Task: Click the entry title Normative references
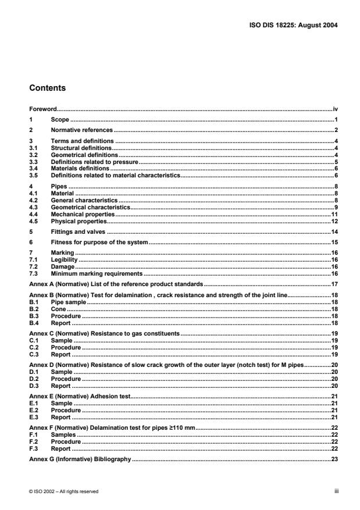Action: coord(81,130)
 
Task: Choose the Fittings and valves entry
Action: coord(76,231)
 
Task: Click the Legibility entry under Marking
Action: coord(63,260)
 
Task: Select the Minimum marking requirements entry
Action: coord(96,273)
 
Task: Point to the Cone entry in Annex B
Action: coord(58,309)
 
